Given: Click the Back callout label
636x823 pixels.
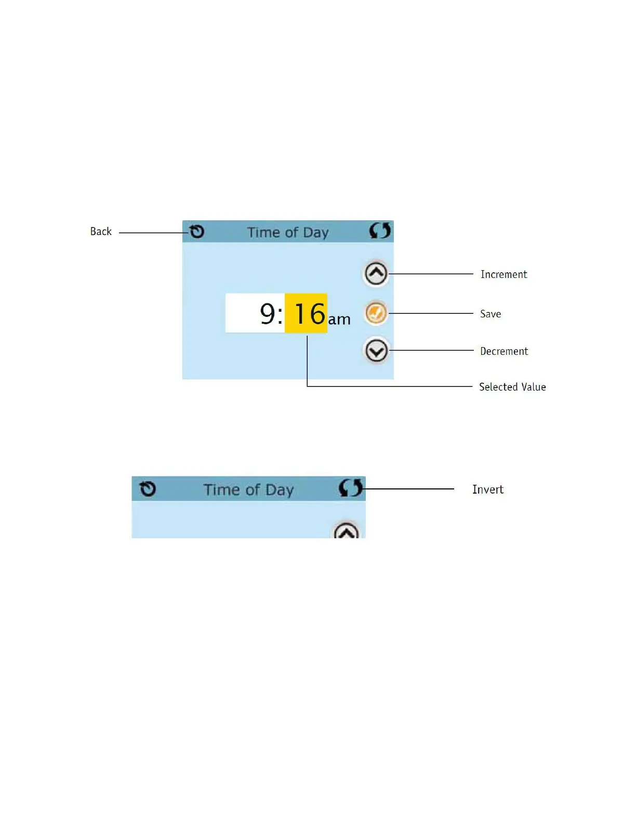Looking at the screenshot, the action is [x=101, y=232].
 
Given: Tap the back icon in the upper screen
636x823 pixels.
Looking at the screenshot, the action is [x=197, y=231].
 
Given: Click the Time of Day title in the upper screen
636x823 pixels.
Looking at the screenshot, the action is [x=287, y=232].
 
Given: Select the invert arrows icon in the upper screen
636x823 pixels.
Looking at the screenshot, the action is [x=380, y=230].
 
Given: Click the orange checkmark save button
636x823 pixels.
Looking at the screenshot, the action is [x=376, y=313].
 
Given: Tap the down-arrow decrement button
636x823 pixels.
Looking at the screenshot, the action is [x=376, y=351].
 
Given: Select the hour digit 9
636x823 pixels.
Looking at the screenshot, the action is [x=267, y=314].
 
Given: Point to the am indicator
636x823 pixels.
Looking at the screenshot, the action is [x=339, y=319].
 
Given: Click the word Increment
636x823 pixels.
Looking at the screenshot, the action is [x=504, y=274].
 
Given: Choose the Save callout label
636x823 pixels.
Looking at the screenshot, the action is [x=491, y=314].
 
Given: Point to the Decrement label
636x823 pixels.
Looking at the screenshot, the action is [x=504, y=351].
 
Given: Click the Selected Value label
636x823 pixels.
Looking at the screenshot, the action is [x=512, y=387].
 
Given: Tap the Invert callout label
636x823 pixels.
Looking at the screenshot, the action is [x=488, y=489].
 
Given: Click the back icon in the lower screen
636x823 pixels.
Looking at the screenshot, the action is [x=148, y=489].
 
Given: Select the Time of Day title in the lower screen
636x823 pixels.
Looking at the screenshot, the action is [x=248, y=490].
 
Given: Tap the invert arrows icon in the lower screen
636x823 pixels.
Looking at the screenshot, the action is [x=350, y=488].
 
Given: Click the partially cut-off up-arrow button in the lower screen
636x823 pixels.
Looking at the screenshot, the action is [x=347, y=531].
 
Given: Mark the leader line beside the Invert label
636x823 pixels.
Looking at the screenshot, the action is [x=410, y=489].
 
